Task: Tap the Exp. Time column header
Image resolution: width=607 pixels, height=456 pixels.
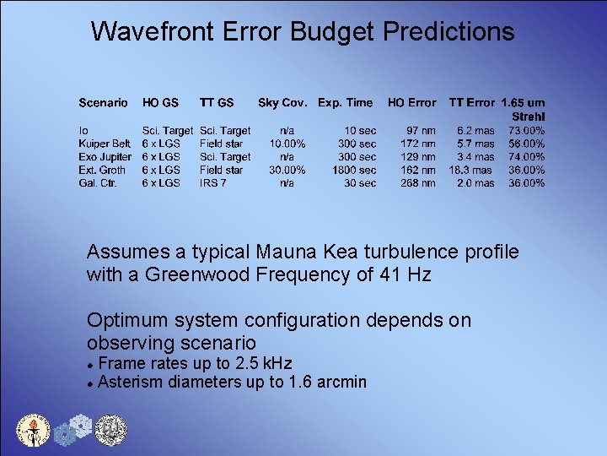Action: point(345,103)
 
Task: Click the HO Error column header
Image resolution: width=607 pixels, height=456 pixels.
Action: point(411,103)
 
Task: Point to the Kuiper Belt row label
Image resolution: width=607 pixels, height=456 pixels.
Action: point(105,144)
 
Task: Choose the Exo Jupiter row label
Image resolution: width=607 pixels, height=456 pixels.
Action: point(105,157)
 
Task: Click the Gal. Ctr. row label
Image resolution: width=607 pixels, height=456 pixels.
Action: point(99,183)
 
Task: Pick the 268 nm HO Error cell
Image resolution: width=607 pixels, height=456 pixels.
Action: point(418,183)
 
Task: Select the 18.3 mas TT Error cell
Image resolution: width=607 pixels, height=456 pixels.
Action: point(470,170)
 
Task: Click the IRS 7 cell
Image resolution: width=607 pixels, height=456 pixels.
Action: point(214,183)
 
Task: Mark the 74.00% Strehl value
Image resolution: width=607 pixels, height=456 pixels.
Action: point(526,157)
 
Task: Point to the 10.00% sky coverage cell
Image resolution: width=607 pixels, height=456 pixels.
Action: point(287,144)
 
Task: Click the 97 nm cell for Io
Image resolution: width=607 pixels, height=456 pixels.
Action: point(421,131)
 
